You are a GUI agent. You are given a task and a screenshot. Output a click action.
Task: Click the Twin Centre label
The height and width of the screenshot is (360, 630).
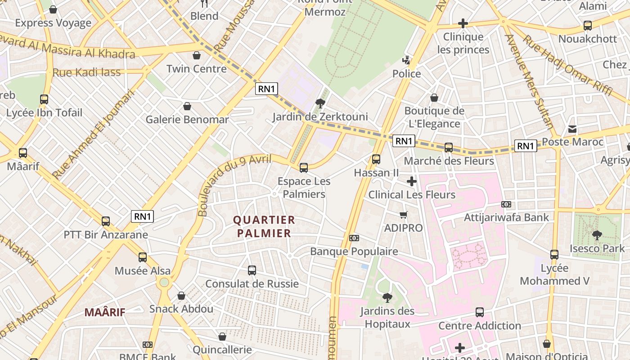click(x=196, y=69)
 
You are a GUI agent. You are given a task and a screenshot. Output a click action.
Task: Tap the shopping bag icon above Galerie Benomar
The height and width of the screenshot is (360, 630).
click(x=187, y=106)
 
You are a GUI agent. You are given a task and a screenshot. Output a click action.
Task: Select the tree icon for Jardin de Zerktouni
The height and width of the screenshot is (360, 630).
click(x=320, y=103)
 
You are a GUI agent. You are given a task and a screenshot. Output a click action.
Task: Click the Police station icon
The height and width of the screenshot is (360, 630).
click(x=407, y=60)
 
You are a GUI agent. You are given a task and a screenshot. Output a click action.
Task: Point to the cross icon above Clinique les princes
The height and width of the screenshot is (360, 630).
click(x=463, y=23)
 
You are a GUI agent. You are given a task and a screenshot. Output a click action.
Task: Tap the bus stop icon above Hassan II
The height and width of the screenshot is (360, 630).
click(x=376, y=159)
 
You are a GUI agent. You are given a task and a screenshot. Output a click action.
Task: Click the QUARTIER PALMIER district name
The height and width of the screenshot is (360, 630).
click(x=264, y=227)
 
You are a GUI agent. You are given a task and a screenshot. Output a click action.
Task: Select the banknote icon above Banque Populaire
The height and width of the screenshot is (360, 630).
click(x=354, y=238)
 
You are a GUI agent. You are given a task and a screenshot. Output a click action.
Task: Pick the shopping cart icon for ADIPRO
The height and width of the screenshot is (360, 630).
click(x=404, y=215)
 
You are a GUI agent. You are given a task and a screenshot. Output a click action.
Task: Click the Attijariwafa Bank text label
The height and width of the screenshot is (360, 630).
click(x=506, y=218)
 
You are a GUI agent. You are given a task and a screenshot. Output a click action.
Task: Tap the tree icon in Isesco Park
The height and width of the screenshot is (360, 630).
click(x=597, y=235)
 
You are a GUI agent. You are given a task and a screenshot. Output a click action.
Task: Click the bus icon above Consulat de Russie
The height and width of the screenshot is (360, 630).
click(x=252, y=270)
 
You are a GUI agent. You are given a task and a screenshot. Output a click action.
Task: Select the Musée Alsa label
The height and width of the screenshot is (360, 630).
click(x=143, y=271)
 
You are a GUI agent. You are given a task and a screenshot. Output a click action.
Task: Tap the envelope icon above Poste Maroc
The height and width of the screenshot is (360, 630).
click(x=572, y=129)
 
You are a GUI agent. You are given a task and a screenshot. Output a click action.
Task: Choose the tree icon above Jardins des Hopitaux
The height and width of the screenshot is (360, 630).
click(x=387, y=297)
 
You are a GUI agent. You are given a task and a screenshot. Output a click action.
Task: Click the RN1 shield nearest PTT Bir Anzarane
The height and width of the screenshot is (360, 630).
click(x=143, y=216)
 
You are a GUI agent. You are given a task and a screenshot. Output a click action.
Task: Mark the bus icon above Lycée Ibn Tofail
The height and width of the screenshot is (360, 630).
click(x=44, y=99)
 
